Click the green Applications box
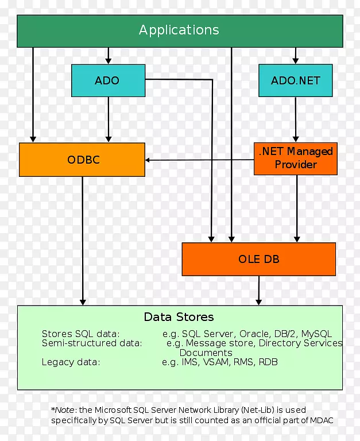[179, 30]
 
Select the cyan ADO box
[107, 80]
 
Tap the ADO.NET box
[295, 80]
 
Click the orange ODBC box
[82, 160]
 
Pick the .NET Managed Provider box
[295, 158]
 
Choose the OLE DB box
[258, 259]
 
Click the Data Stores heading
[179, 317]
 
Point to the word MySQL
[316, 334]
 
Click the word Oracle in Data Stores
[253, 334]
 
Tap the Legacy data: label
[71, 362]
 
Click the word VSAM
[215, 362]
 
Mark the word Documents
[206, 353]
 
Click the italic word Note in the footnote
[64, 410]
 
